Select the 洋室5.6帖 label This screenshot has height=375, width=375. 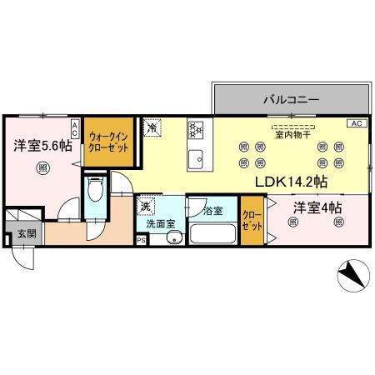pyautogui.click(x=40, y=146)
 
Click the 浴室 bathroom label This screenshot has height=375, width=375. pyautogui.click(x=212, y=211)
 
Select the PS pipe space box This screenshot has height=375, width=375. pyautogui.click(x=141, y=242)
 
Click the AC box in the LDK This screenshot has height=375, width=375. pyautogui.click(x=356, y=123)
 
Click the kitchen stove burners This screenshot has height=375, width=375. pyautogui.click(x=197, y=130)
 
